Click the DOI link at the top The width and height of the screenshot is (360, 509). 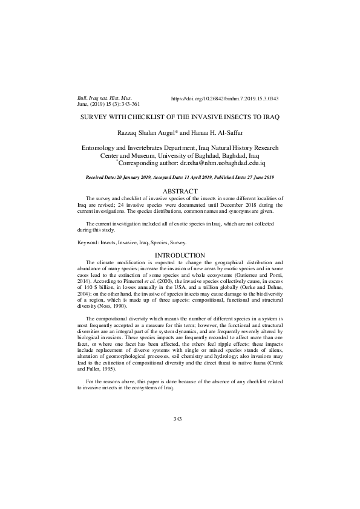point(225,98)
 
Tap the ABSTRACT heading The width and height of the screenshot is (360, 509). point(180,191)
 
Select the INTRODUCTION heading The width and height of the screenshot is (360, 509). point(180,254)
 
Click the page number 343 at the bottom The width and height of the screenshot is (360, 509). point(178,418)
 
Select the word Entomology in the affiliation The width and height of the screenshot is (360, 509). point(99,148)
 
